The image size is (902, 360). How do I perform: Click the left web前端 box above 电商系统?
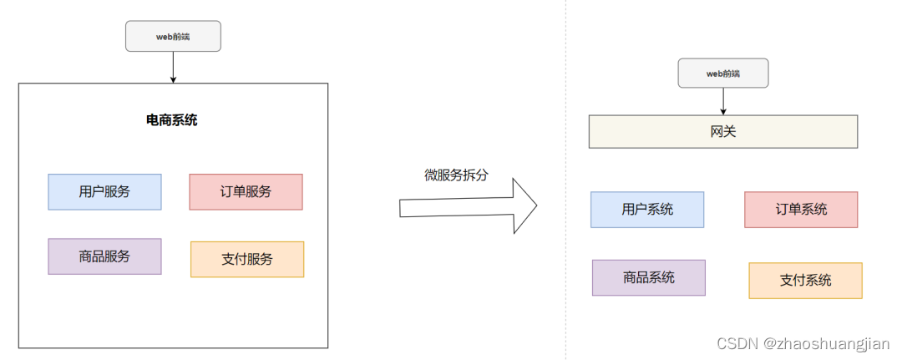pos(173,37)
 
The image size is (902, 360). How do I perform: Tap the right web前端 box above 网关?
pos(723,74)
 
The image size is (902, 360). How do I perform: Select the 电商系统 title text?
pos(172,120)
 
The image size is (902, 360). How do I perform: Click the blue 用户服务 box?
pos(104,192)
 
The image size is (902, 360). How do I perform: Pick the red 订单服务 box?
pos(246,192)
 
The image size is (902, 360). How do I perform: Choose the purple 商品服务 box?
pos(104,256)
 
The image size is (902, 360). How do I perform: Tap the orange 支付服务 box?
pos(247,259)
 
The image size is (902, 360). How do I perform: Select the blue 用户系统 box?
pos(647,210)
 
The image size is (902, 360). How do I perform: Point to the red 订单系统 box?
pos(801,210)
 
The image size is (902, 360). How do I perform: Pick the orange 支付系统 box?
pos(805,281)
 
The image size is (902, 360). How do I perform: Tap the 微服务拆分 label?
pos(455,175)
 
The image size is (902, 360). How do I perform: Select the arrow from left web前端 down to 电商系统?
pos(173,67)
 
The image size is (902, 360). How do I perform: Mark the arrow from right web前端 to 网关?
pos(723,101)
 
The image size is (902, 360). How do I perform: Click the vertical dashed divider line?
pos(565,251)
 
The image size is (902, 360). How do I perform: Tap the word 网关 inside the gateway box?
pos(723,132)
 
